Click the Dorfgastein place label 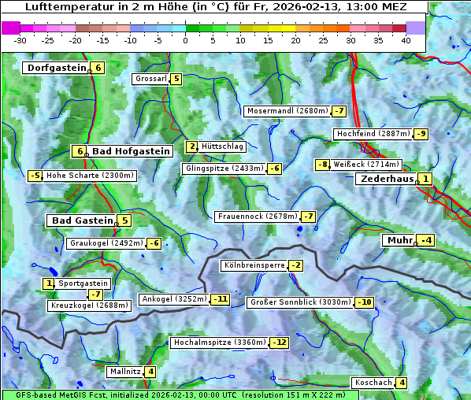(x=56, y=68)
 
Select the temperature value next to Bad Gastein (x=124, y=220)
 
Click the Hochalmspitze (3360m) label (x=220, y=343)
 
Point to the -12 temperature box (x=280, y=343)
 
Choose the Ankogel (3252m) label (x=173, y=299)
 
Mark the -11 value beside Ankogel (x=220, y=299)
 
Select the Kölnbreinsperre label (x=254, y=265)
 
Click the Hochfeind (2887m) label (x=373, y=134)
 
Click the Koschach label (x=373, y=383)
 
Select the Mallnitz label (x=124, y=371)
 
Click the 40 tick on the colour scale (x=406, y=39)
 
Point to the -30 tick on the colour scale (x=20, y=39)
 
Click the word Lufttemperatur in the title (x=69, y=7)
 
